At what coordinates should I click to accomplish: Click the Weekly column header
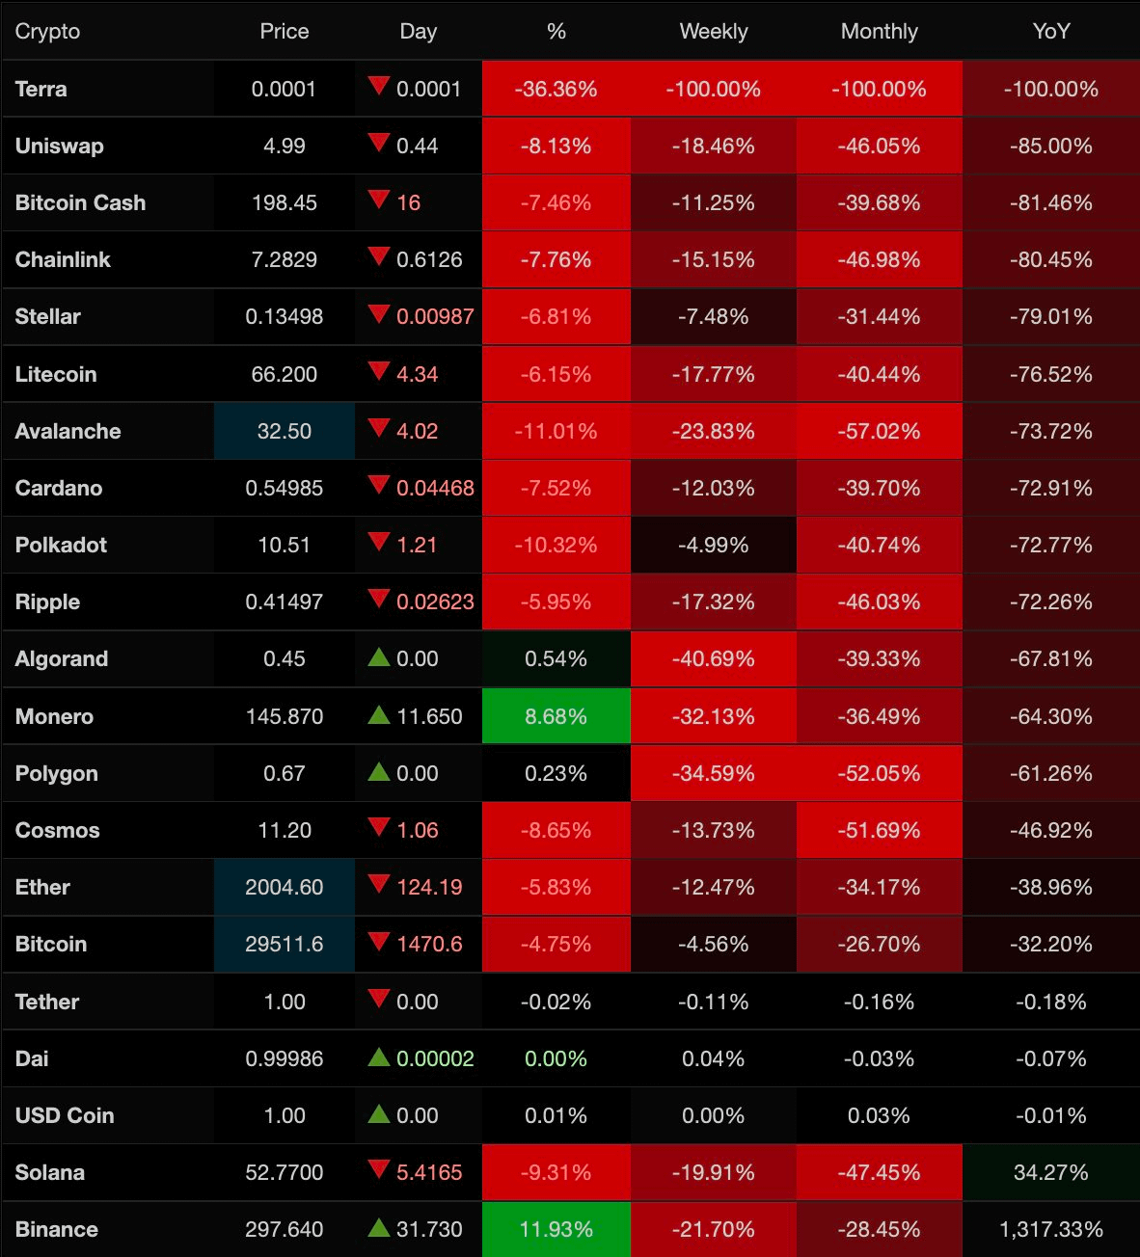point(713,31)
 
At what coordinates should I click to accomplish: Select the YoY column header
point(1050,31)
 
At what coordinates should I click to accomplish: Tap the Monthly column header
point(879,31)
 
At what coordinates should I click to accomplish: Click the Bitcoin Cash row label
point(80,202)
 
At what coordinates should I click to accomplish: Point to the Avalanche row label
point(68,431)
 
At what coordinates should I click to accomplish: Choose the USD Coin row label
point(65,1115)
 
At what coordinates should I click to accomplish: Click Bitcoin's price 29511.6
point(284,944)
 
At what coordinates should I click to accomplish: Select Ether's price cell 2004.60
point(284,887)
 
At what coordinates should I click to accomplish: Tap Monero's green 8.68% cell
point(556,716)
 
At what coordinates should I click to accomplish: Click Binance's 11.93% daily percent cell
point(556,1229)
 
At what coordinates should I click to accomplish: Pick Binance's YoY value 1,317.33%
point(1050,1229)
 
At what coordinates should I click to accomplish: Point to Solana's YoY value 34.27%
point(1050,1172)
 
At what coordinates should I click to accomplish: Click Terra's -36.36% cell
point(556,89)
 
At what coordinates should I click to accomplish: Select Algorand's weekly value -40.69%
point(713,658)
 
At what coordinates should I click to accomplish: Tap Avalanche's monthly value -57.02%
point(879,431)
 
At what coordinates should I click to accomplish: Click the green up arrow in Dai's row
point(379,1056)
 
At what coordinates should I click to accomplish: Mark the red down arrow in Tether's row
point(379,999)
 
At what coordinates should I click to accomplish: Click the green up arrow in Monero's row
point(379,714)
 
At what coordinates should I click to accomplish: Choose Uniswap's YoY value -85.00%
point(1050,146)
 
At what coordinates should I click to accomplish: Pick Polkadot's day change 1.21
point(417,545)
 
